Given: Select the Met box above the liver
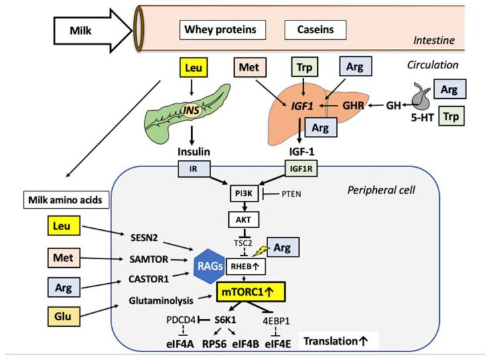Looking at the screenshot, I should (250, 67).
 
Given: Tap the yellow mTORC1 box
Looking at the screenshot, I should (251, 290).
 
